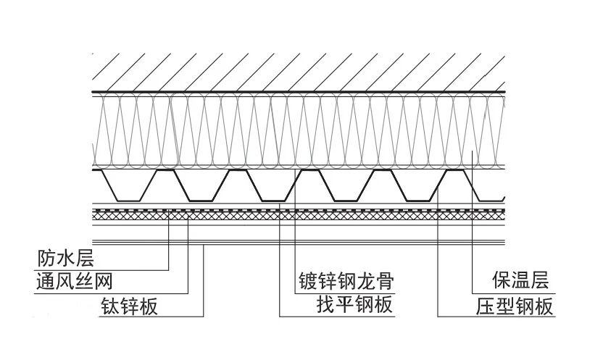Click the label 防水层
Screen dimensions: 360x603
[x=65, y=257]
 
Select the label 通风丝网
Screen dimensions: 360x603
[x=75, y=280]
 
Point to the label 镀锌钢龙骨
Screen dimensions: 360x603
[x=349, y=280]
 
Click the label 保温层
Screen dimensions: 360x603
[x=512, y=280]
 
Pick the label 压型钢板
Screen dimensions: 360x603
[x=512, y=305]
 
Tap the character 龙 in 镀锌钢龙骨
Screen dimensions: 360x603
[x=368, y=280]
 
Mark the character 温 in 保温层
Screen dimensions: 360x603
[x=512, y=280]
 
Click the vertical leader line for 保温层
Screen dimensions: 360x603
[x=473, y=217]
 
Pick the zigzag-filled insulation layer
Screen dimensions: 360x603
[x=290, y=130]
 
